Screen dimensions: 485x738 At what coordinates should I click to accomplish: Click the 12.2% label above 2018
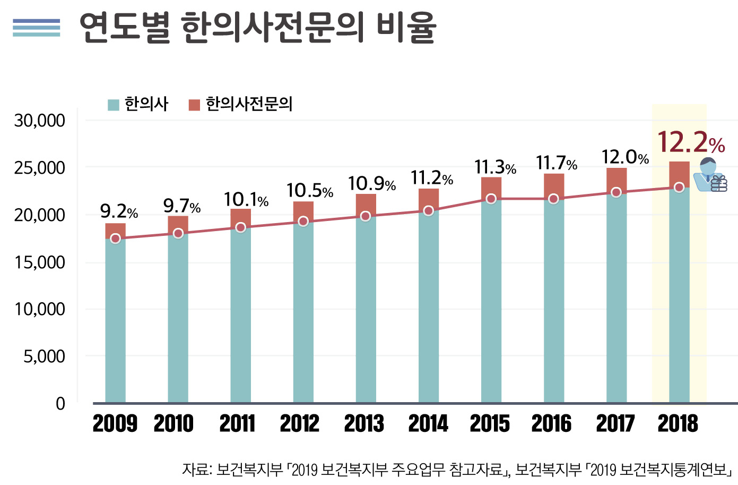pos(691,143)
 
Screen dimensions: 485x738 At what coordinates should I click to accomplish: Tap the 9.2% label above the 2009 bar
pos(119,212)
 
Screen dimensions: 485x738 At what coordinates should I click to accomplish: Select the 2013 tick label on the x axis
pos(364,424)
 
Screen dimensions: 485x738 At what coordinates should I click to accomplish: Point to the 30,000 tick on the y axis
pos(40,121)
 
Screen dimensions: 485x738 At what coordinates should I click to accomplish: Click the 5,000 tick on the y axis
pos(44,356)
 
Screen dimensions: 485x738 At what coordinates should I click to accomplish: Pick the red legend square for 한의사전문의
pos(194,105)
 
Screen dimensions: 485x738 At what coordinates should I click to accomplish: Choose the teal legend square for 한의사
pos(113,105)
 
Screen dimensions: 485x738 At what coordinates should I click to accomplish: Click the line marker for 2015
pos(491,199)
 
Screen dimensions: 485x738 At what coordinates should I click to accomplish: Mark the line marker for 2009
pos(116,239)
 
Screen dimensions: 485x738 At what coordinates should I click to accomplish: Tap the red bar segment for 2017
pos(617,178)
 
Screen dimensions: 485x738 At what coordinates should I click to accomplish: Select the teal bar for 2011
pos(241,313)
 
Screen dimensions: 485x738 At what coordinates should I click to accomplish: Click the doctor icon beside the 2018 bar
pos(710,175)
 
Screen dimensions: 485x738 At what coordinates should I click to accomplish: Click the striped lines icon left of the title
pos(37,28)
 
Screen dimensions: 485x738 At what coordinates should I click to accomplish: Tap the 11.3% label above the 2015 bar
pos(495,167)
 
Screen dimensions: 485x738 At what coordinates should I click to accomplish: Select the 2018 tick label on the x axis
pos(678,424)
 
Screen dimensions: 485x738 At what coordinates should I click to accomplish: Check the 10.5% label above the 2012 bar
pos(309,191)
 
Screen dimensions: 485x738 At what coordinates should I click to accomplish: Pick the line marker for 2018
pos(679,187)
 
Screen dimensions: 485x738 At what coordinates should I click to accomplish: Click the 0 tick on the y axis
pos(60,404)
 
